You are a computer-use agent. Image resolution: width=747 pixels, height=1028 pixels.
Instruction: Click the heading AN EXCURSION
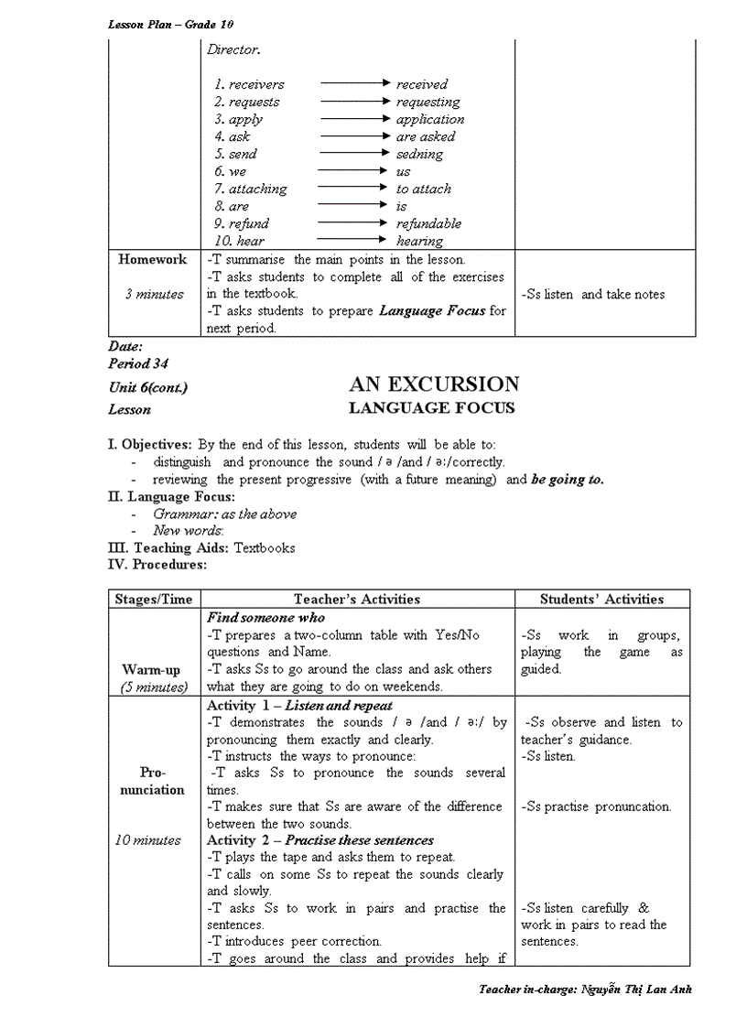[x=433, y=384]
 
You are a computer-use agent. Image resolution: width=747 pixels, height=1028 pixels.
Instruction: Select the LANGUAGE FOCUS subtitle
[x=432, y=408]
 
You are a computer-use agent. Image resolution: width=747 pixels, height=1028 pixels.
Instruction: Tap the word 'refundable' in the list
[x=428, y=223]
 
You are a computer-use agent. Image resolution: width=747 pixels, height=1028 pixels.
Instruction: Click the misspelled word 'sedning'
[x=419, y=154]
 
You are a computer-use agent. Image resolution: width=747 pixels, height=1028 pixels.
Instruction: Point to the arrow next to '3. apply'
[x=355, y=119]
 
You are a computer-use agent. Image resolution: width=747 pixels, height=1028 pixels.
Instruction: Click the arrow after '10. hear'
[x=355, y=241]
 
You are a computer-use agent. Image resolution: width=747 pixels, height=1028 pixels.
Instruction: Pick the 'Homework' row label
[x=152, y=260]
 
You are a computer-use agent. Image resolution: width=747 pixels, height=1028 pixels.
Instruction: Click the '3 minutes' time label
[x=154, y=294]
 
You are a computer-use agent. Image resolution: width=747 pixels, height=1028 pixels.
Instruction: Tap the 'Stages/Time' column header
[x=154, y=600]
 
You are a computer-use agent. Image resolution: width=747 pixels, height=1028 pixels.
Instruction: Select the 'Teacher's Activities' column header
[x=357, y=600]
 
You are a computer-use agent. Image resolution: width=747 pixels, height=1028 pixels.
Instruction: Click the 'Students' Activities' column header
[x=601, y=600]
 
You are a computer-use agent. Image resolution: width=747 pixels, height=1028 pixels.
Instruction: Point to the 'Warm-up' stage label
[x=153, y=670]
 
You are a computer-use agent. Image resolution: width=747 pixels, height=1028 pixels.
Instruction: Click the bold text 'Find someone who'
[x=265, y=618]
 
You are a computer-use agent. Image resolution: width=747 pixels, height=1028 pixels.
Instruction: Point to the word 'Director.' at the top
[x=233, y=50]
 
